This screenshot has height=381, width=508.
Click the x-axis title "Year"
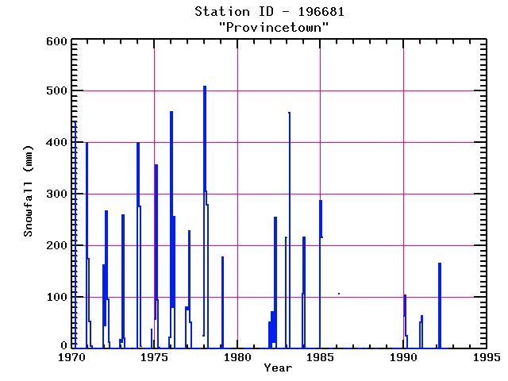[x=278, y=368]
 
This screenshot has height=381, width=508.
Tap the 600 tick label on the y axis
[x=54, y=41]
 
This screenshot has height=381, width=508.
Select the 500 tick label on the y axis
[x=54, y=91]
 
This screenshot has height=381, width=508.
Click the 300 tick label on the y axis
[x=54, y=194]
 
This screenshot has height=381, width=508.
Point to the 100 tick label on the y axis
[x=54, y=297]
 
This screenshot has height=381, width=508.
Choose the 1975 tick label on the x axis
[x=155, y=358]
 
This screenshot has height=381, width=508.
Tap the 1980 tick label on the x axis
[x=237, y=358]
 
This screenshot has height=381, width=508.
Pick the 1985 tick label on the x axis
[x=321, y=358]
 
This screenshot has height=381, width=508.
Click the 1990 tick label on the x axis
[x=403, y=358]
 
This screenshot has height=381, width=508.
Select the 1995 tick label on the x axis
[x=486, y=358]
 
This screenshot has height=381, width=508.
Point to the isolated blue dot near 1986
[x=339, y=294]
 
